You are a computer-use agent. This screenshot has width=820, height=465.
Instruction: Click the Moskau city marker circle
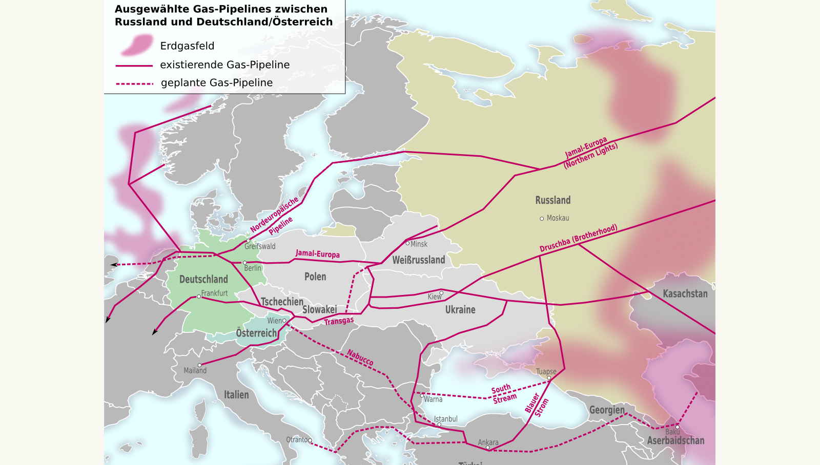[x=542, y=219]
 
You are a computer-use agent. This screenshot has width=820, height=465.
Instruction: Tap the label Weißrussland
[x=418, y=260]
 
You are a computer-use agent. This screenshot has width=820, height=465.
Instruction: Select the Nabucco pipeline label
[x=360, y=357]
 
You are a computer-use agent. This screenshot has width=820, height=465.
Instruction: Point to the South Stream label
[x=504, y=393]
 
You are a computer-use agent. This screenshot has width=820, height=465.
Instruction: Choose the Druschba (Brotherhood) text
[x=578, y=238]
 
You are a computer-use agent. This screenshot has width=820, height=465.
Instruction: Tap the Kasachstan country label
[x=685, y=294]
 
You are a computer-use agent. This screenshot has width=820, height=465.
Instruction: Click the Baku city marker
[x=677, y=427]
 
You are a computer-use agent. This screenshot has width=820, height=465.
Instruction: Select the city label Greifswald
[x=260, y=246]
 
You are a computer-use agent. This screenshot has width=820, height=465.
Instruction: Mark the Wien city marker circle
[x=284, y=321]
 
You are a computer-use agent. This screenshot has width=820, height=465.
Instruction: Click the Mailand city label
[x=195, y=371]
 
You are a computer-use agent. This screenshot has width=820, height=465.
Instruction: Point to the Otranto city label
[x=297, y=439]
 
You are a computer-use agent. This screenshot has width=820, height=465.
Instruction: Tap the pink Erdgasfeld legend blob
[x=137, y=46]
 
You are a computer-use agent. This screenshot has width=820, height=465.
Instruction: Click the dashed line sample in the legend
[x=134, y=83]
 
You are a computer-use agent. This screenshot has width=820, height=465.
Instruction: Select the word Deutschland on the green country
[x=203, y=280]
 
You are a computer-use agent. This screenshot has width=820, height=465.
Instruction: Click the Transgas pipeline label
[x=339, y=321]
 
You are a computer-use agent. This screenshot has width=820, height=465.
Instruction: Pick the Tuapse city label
[x=546, y=371]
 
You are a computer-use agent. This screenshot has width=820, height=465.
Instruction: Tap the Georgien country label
[x=607, y=410]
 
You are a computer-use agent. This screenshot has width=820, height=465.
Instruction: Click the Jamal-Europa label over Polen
[x=317, y=253]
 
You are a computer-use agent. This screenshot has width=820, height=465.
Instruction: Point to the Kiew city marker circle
[x=441, y=293]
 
